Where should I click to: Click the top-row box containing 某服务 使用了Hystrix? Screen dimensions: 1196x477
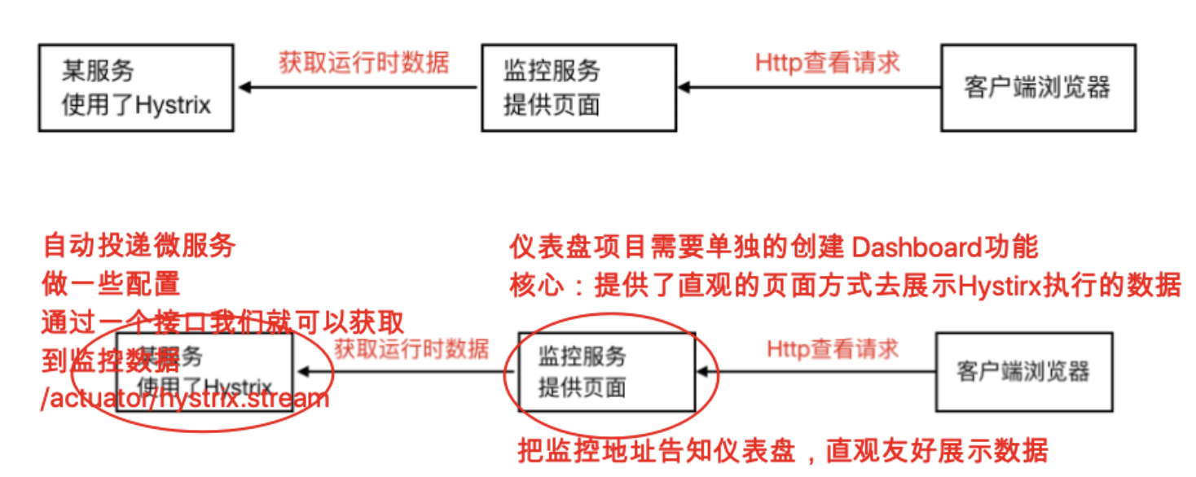136,88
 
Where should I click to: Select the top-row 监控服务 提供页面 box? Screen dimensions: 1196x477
578,88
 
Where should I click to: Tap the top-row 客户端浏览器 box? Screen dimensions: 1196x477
1038,88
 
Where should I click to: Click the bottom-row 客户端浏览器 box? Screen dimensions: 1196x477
1024,371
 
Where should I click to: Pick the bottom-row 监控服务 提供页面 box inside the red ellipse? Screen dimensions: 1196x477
607,371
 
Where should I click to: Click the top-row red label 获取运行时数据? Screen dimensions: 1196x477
363,63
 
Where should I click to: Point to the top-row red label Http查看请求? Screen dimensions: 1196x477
827,63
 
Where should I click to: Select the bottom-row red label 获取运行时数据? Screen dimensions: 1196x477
411,349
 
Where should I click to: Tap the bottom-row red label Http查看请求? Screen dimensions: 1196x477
833,349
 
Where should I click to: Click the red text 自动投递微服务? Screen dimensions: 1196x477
139,245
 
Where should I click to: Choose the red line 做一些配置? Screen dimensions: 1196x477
111,284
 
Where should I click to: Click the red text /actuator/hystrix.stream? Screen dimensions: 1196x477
186,399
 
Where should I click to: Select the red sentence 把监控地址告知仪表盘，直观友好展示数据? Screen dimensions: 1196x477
783,450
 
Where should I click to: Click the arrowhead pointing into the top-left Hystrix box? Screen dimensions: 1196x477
242,87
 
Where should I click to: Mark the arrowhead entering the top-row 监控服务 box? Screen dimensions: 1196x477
684,87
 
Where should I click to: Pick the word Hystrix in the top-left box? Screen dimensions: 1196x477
174,105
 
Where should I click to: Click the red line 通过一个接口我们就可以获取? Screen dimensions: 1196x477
222,323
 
